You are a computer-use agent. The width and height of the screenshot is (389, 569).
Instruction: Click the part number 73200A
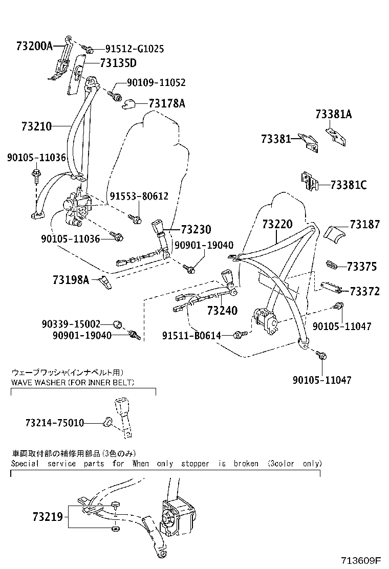coord(34,46)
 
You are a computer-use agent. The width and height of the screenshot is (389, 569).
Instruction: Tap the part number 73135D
coord(118,63)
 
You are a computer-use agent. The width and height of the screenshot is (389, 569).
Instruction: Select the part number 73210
coord(37,125)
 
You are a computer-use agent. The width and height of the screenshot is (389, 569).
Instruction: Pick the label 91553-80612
coord(139,196)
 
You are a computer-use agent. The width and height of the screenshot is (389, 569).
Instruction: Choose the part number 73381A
coord(334,114)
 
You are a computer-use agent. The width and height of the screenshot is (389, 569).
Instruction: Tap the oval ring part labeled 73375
coord(333,265)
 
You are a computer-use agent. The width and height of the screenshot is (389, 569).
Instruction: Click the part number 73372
coord(365,291)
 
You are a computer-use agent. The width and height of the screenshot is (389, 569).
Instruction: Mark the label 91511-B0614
coord(191,336)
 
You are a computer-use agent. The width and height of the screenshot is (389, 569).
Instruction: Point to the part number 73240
coord(224,311)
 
